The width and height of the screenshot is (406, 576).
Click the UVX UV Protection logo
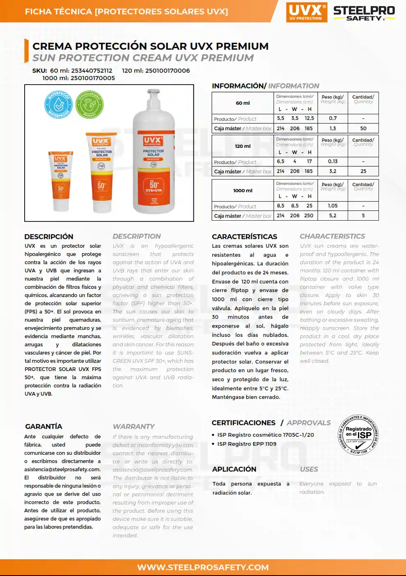[x=306, y=12]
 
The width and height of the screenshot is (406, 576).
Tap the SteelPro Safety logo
[x=364, y=13]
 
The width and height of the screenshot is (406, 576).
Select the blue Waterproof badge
[x=58, y=105]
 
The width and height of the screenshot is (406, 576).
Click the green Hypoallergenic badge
[x=89, y=105]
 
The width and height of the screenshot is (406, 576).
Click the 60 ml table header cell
[x=243, y=103]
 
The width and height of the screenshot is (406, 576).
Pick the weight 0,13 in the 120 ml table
[x=333, y=161]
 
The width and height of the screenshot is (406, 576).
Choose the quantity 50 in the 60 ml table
[x=363, y=128]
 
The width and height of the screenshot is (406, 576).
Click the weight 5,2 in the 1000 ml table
[x=333, y=215]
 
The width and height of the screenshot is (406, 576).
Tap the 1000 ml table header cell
[x=243, y=191]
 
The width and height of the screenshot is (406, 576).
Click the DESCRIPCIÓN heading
[x=49, y=237]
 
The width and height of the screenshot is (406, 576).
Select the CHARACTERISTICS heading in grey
[x=332, y=236]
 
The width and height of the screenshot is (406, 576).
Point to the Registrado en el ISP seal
[x=358, y=435]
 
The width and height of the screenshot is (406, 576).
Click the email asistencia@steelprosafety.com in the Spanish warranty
[x=62, y=469]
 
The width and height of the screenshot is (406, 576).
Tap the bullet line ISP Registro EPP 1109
[x=247, y=444]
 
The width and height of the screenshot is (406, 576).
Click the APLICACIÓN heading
[x=234, y=469]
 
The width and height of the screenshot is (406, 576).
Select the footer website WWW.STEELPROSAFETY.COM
[x=203, y=567]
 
